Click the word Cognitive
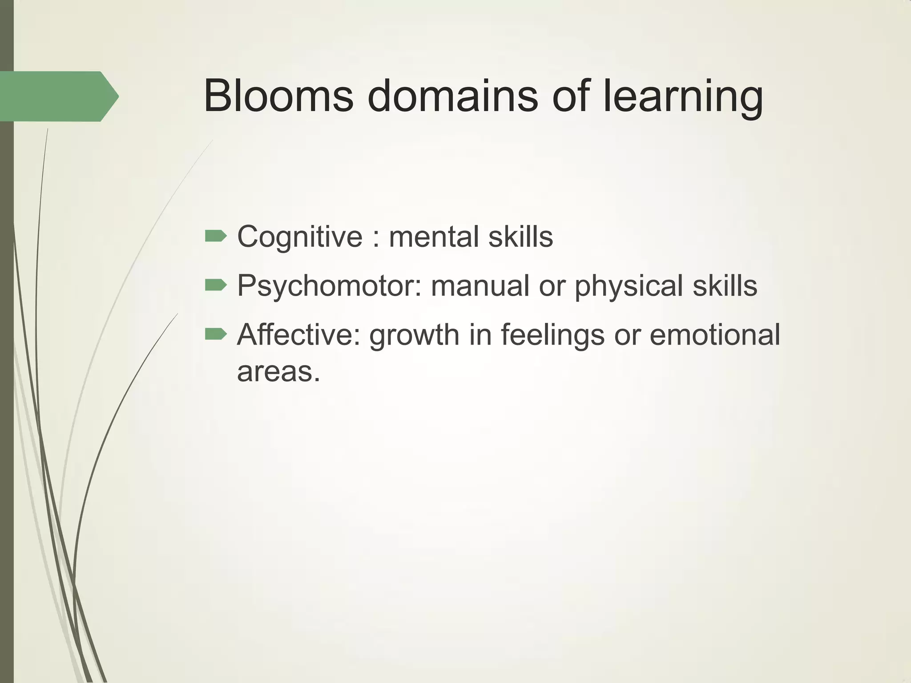pyautogui.click(x=300, y=237)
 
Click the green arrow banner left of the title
pyautogui.click(x=58, y=96)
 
